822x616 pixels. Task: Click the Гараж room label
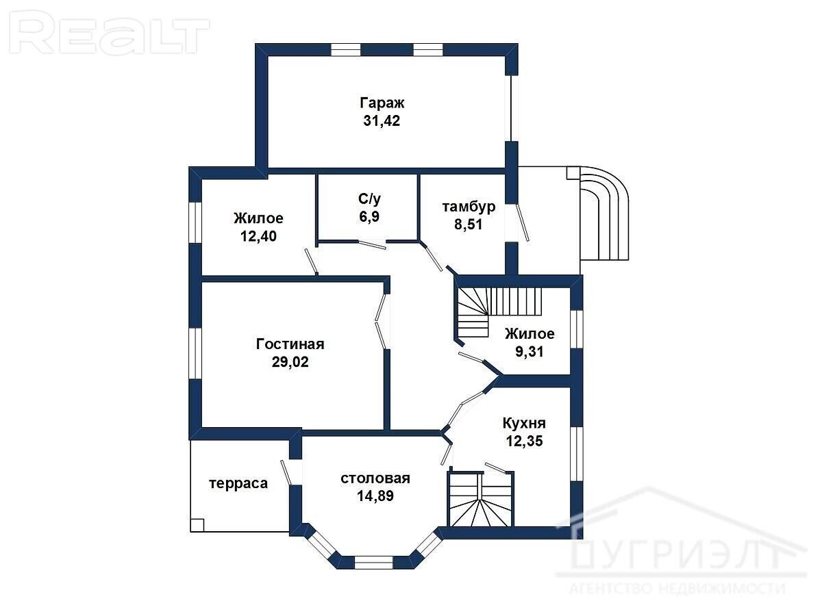pos(382,103)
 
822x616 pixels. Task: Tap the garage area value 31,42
pos(382,120)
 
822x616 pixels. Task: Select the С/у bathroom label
pos(369,199)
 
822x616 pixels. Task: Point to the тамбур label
pos(469,207)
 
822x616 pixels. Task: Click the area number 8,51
pos(468,224)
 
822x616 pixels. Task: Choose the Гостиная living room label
pos(290,344)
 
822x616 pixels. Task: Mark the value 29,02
pos(290,361)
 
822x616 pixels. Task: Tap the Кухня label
pos(524,424)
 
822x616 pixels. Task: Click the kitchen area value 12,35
pos(524,441)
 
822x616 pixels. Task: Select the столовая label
pos(375,478)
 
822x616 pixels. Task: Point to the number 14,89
pos(375,496)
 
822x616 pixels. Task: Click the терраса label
pos(238,484)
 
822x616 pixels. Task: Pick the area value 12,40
pos(258,236)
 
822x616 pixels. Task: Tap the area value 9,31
pos(529,352)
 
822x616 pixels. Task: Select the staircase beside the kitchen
pos(481,499)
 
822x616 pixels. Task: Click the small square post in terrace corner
pos(197,525)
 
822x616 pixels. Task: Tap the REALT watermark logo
pos(109,33)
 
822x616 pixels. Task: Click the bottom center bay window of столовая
pos(373,562)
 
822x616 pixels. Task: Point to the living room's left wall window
pos(195,354)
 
